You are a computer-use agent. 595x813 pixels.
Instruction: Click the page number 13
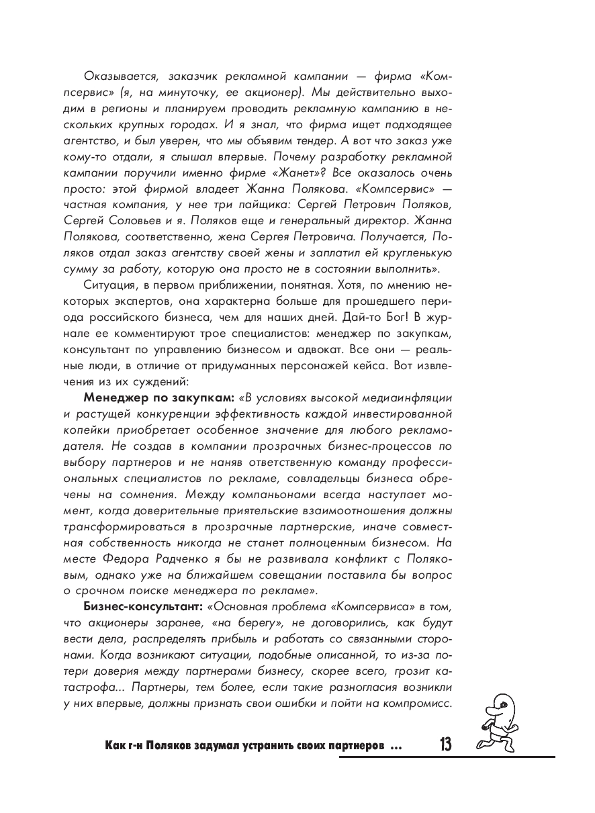[x=444, y=745]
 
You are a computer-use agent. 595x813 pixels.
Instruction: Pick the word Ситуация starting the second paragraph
[x=110, y=285]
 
